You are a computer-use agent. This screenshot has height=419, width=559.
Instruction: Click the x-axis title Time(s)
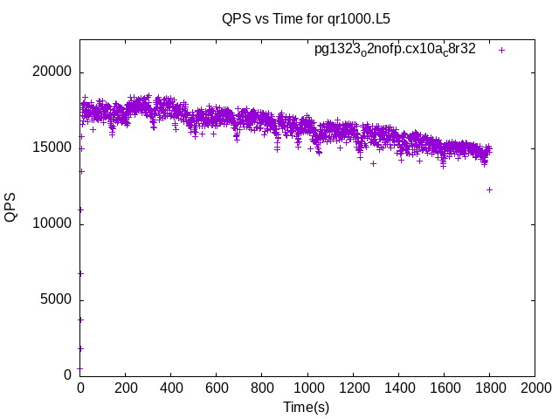click(306, 407)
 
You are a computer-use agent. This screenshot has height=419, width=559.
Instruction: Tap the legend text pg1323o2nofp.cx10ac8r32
click(395, 50)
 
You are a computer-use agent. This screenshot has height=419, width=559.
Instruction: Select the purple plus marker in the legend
click(501, 50)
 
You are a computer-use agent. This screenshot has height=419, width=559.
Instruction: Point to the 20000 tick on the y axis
click(53, 73)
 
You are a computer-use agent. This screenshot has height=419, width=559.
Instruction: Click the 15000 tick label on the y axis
click(53, 148)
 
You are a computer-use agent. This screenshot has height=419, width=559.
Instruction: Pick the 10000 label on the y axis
click(53, 224)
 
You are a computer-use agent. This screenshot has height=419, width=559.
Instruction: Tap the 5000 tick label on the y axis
click(57, 300)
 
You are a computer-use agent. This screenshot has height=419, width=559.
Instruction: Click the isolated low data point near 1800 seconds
click(490, 189)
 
